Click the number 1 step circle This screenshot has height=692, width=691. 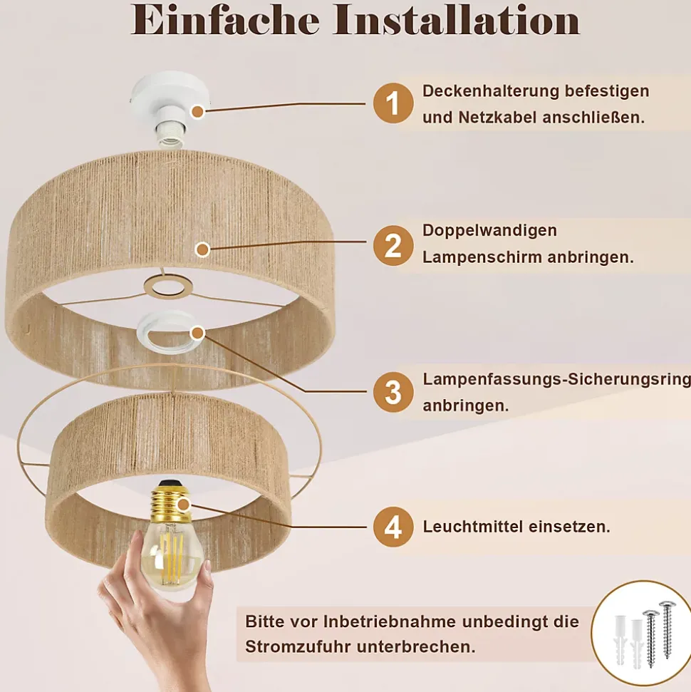393,103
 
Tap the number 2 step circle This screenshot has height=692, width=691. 393,246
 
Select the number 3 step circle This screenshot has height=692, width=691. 393,393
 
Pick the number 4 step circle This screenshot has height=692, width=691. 393,527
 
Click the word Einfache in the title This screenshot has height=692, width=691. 225,20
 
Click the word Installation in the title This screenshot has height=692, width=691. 456,20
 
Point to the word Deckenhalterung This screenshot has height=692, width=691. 490,91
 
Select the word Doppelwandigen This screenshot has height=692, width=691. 490,231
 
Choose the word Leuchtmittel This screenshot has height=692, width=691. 473,527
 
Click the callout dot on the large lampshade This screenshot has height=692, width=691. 202,250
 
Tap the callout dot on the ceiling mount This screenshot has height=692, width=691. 197,112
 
